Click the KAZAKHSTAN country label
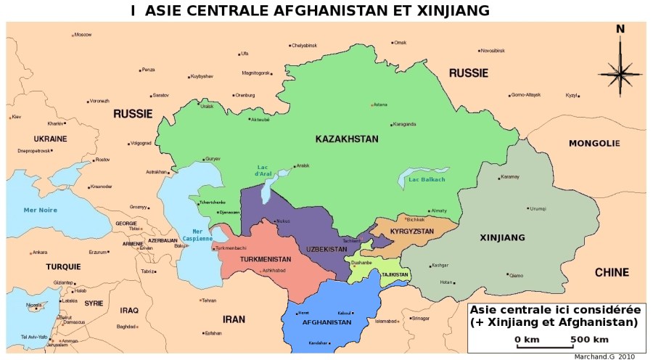tap(347, 139)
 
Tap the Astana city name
tap(380, 105)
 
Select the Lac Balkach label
tap(427, 179)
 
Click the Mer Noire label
tap(40, 210)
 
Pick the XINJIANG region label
tap(502, 237)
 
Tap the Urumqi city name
tap(538, 209)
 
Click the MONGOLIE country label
tap(594, 143)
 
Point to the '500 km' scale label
tap(588, 339)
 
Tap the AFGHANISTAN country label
tap(327, 322)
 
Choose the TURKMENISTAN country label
tap(266, 259)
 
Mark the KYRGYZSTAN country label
tap(411, 231)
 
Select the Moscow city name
tap(83, 35)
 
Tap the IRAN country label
tap(234, 319)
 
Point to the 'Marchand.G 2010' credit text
tap(604, 356)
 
